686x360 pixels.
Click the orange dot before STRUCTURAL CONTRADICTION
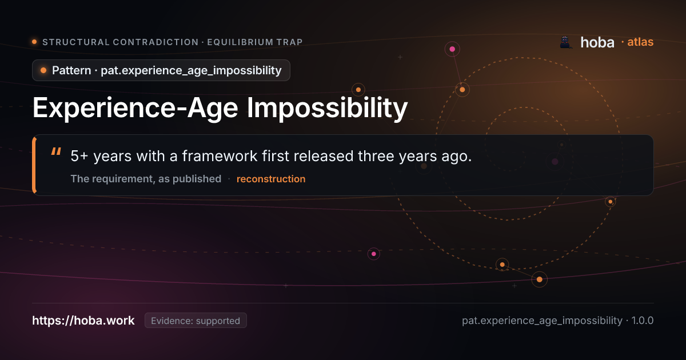click(x=34, y=42)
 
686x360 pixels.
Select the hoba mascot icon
click(x=565, y=42)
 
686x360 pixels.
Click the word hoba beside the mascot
click(x=597, y=42)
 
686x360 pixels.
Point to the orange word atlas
click(x=640, y=42)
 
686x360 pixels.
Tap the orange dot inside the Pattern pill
click(x=43, y=70)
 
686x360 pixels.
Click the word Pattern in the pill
click(x=71, y=70)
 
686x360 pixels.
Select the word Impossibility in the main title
click(x=327, y=108)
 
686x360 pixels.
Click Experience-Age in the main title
click(x=135, y=108)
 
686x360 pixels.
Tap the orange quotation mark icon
click(x=56, y=151)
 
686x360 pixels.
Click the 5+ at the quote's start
click(x=79, y=156)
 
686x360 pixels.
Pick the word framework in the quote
click(x=220, y=156)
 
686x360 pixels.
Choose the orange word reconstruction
click(x=271, y=179)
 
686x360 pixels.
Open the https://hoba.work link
click(x=83, y=321)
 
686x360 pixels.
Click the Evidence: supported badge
click(x=196, y=321)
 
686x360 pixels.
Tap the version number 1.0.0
click(x=642, y=321)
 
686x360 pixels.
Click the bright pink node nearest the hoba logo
click(x=452, y=49)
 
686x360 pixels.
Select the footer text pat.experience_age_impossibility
click(x=542, y=321)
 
